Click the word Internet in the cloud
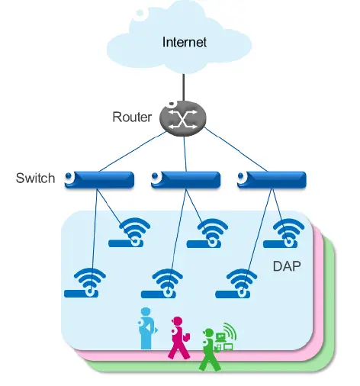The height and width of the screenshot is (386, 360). pyautogui.click(x=184, y=41)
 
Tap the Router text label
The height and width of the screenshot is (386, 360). pyautogui.click(x=132, y=117)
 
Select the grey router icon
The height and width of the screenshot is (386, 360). pyautogui.click(x=183, y=117)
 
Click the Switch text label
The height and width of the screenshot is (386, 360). pyautogui.click(x=35, y=179)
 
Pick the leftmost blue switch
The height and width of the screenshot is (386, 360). pyautogui.click(x=100, y=180)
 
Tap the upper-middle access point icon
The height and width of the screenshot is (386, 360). pyautogui.click(x=211, y=233)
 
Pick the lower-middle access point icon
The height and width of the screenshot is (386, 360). pyautogui.click(x=166, y=283)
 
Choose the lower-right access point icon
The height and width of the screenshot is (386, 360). pyautogui.click(x=241, y=283)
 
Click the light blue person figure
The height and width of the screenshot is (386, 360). pyautogui.click(x=145, y=328)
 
